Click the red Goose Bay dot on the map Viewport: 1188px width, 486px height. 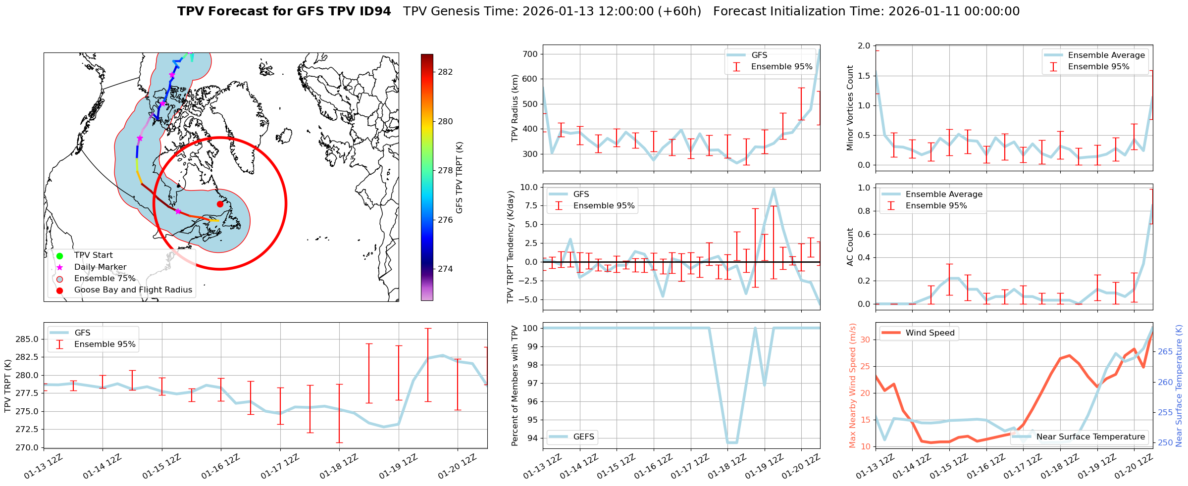click(x=220, y=204)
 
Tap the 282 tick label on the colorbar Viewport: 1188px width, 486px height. click(x=445, y=72)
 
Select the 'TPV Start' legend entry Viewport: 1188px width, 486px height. click(x=93, y=255)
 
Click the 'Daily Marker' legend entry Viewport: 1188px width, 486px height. click(x=100, y=267)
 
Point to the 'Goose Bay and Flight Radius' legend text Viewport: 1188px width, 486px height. click(x=133, y=290)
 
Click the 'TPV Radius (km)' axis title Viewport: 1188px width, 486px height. click(x=515, y=108)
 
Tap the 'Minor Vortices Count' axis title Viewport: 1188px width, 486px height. click(x=850, y=108)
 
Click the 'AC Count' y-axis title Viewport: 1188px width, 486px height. click(x=850, y=247)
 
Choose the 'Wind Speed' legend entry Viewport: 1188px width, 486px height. click(x=930, y=333)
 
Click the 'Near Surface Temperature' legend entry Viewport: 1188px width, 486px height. click(x=1090, y=437)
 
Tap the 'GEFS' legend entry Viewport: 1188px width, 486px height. click(x=583, y=437)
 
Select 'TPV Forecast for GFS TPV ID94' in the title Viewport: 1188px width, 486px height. click(x=284, y=11)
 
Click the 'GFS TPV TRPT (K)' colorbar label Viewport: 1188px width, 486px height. click(x=460, y=177)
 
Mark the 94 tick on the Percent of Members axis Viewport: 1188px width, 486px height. click(x=531, y=438)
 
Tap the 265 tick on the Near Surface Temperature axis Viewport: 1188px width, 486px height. click(x=1165, y=352)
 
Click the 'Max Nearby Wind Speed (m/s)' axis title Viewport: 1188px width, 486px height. click(x=853, y=386)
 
